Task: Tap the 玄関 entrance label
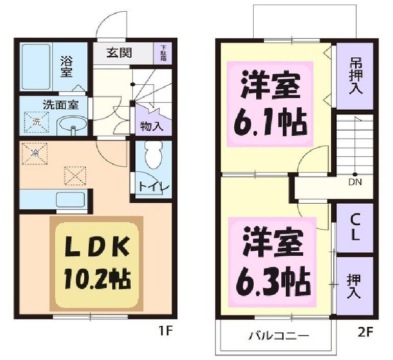[119, 53]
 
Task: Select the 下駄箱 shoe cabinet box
[163, 53]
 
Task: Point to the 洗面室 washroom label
[60, 105]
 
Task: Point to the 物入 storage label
[152, 126]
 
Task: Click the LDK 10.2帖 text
[97, 264]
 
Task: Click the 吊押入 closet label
[355, 76]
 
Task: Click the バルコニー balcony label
[279, 336]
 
